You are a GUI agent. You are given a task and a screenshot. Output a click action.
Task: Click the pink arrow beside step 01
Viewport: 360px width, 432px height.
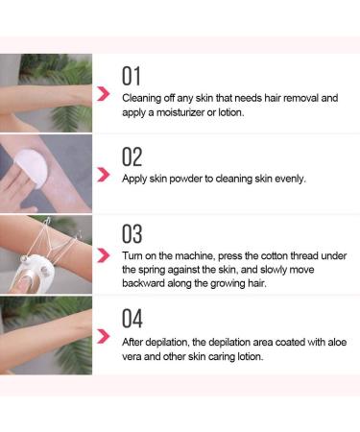[103, 94]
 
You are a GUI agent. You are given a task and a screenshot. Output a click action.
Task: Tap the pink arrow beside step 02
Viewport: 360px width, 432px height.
[103, 174]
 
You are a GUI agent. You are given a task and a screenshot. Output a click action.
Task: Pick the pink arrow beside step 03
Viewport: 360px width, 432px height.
[103, 254]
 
